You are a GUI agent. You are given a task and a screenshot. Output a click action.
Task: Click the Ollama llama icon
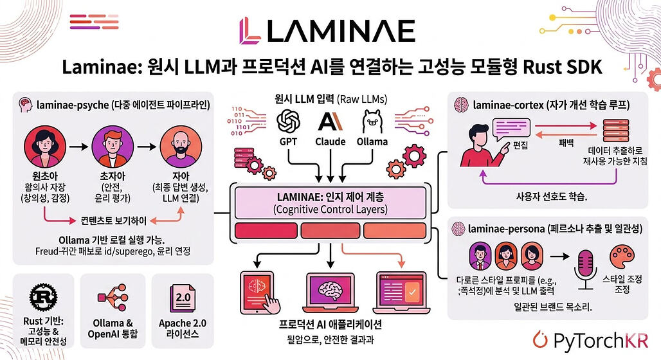(x=372, y=120)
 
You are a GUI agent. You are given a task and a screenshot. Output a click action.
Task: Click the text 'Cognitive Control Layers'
(x=329, y=210)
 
